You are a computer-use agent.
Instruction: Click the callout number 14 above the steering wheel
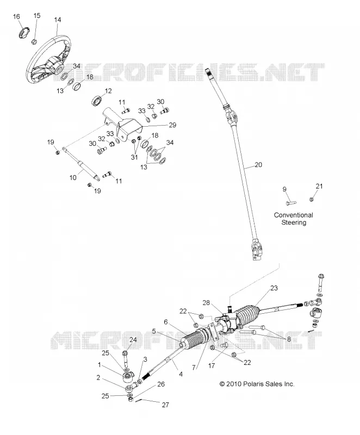click(x=58, y=20)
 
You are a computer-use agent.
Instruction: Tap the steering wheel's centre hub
click(x=58, y=67)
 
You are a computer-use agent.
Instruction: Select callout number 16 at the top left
click(x=16, y=17)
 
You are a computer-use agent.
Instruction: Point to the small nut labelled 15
click(x=35, y=42)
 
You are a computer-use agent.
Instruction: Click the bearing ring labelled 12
click(x=96, y=101)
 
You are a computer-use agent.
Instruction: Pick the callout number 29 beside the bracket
click(x=172, y=125)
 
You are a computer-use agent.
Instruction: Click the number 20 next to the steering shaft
click(x=258, y=165)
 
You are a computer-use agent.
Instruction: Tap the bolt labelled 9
click(x=291, y=203)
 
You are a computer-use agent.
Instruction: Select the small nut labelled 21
click(x=312, y=199)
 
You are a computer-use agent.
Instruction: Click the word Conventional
click(x=294, y=215)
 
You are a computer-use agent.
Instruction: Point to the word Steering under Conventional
click(x=294, y=222)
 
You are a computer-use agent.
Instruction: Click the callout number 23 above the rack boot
click(x=274, y=288)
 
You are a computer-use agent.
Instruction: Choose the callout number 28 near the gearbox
click(x=206, y=302)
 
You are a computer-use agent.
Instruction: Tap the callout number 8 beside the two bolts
click(x=289, y=339)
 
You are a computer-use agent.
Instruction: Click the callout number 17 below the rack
click(x=212, y=365)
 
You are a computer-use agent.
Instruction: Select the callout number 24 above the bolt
click(x=133, y=339)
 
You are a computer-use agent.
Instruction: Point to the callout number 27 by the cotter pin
click(x=165, y=405)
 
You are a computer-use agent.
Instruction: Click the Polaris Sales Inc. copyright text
click(x=257, y=384)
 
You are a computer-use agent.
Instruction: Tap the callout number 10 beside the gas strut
click(x=73, y=177)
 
